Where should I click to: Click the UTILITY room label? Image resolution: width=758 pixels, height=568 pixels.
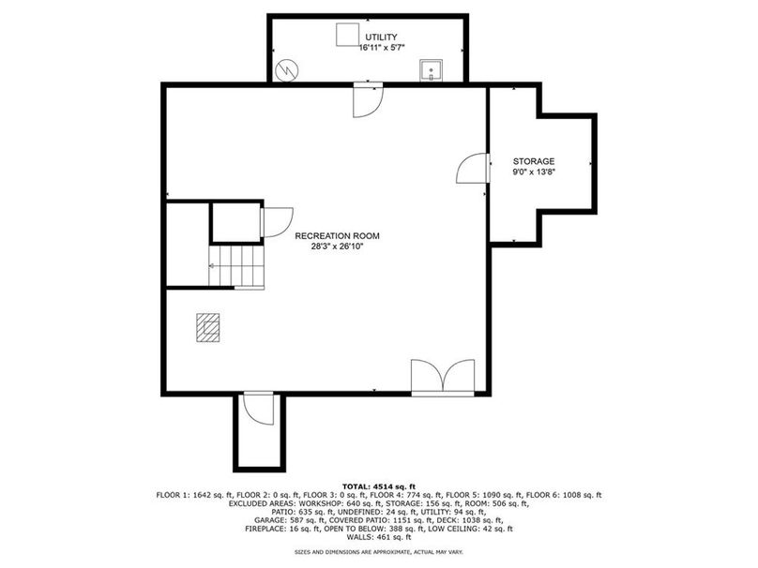pyautogui.click(x=381, y=37)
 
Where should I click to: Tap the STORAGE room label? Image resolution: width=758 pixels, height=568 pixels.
pyautogui.click(x=534, y=161)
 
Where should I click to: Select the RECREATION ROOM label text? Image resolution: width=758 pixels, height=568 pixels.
pyautogui.click(x=337, y=236)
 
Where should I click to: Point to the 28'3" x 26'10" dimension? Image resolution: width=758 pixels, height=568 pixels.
pyautogui.click(x=337, y=247)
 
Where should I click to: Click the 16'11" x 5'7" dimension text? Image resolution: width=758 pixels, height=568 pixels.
pyautogui.click(x=382, y=47)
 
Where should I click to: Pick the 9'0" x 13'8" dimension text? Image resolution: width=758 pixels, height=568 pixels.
pyautogui.click(x=534, y=172)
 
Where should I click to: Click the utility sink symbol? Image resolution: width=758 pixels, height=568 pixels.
pyautogui.click(x=431, y=70)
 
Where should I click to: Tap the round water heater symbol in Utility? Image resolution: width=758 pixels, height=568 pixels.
pyautogui.click(x=287, y=71)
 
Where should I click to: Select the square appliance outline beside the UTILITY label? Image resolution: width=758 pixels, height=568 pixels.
pyautogui.click(x=348, y=35)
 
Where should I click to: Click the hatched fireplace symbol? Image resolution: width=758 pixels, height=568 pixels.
pyautogui.click(x=208, y=327)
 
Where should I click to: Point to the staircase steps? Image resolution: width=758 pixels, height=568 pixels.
pyautogui.click(x=236, y=266)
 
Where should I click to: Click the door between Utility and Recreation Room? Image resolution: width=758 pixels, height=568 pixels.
pyautogui.click(x=368, y=100)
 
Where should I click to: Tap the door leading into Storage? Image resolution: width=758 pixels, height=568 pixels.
pyautogui.click(x=473, y=168)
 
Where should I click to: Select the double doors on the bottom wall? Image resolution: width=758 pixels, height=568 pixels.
pyautogui.click(x=443, y=378)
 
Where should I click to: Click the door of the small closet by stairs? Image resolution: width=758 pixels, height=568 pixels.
pyautogui.click(x=277, y=222)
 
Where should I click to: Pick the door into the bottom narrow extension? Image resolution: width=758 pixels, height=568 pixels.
pyautogui.click(x=259, y=409)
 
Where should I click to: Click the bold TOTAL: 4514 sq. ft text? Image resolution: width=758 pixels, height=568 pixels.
pyautogui.click(x=379, y=486)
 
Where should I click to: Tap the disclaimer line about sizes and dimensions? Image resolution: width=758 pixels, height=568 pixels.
pyautogui.click(x=379, y=551)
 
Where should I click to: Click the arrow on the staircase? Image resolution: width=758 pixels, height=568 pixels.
pyautogui.click(x=213, y=265)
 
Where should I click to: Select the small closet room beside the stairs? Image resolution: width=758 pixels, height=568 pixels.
pyautogui.click(x=236, y=222)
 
